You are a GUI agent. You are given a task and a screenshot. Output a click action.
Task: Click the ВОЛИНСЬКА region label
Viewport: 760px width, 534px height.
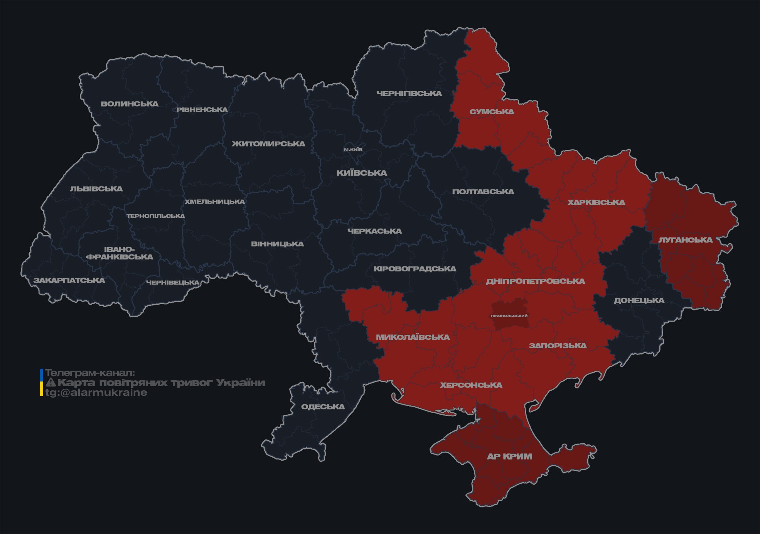(x=130, y=104)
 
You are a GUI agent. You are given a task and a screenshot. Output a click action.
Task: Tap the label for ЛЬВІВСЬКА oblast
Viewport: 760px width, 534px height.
(x=96, y=189)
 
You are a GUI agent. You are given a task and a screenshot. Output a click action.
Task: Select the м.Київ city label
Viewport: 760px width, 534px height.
(x=353, y=149)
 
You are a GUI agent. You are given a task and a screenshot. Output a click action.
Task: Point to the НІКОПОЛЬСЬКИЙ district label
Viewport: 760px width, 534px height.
(x=509, y=316)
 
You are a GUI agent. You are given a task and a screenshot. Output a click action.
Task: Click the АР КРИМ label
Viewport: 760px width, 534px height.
(x=509, y=456)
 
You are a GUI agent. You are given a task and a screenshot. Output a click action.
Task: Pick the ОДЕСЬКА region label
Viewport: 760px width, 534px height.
(x=323, y=407)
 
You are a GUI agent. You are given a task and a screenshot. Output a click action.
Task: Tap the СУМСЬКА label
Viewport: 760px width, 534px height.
(x=492, y=112)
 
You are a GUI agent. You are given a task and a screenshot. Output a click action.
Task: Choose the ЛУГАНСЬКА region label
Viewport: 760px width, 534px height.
(x=685, y=240)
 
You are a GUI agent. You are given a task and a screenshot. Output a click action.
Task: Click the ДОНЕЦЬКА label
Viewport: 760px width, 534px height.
(x=639, y=300)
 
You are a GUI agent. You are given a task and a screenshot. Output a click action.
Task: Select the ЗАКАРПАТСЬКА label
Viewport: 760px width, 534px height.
(x=69, y=280)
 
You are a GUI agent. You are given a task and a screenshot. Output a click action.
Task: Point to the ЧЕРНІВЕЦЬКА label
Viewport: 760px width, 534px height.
(x=173, y=283)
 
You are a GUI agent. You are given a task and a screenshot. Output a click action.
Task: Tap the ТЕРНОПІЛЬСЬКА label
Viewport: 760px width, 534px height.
(x=156, y=216)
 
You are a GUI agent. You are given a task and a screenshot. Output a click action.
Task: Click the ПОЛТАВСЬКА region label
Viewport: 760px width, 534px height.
(x=483, y=192)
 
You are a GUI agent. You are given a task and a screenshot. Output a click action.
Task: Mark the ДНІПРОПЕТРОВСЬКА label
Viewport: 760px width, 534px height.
(x=535, y=281)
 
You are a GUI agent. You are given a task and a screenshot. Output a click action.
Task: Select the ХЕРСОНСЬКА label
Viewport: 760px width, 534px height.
(x=471, y=385)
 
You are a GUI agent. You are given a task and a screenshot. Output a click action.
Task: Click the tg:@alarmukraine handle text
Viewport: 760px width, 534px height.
(x=96, y=393)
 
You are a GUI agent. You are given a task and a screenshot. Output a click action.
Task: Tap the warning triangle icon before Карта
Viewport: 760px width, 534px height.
(x=51, y=383)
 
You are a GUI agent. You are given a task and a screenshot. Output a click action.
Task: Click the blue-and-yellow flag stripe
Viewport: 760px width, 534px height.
(x=42, y=383)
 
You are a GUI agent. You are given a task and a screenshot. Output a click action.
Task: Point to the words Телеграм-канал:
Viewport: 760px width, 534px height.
(x=90, y=373)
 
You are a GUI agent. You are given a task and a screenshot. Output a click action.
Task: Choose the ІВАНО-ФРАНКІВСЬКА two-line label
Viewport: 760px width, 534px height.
(x=120, y=253)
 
